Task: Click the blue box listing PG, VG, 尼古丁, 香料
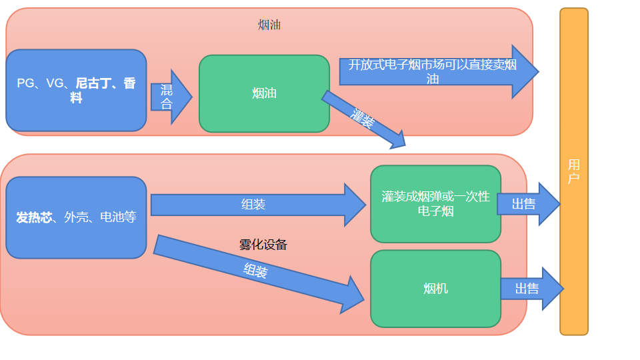point(76,91)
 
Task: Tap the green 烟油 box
point(264,93)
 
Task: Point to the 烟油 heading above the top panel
point(269,25)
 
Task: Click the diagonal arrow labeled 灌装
point(364,119)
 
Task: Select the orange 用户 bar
point(573,171)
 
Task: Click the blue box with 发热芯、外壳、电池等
point(76,217)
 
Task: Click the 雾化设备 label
point(263,245)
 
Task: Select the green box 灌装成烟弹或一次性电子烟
point(435,204)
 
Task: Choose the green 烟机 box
point(435,289)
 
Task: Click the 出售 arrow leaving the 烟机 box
point(531,289)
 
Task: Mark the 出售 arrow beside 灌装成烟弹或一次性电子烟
point(527,204)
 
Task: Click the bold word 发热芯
point(34,217)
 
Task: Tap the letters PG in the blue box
point(25,83)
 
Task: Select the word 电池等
point(118,217)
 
